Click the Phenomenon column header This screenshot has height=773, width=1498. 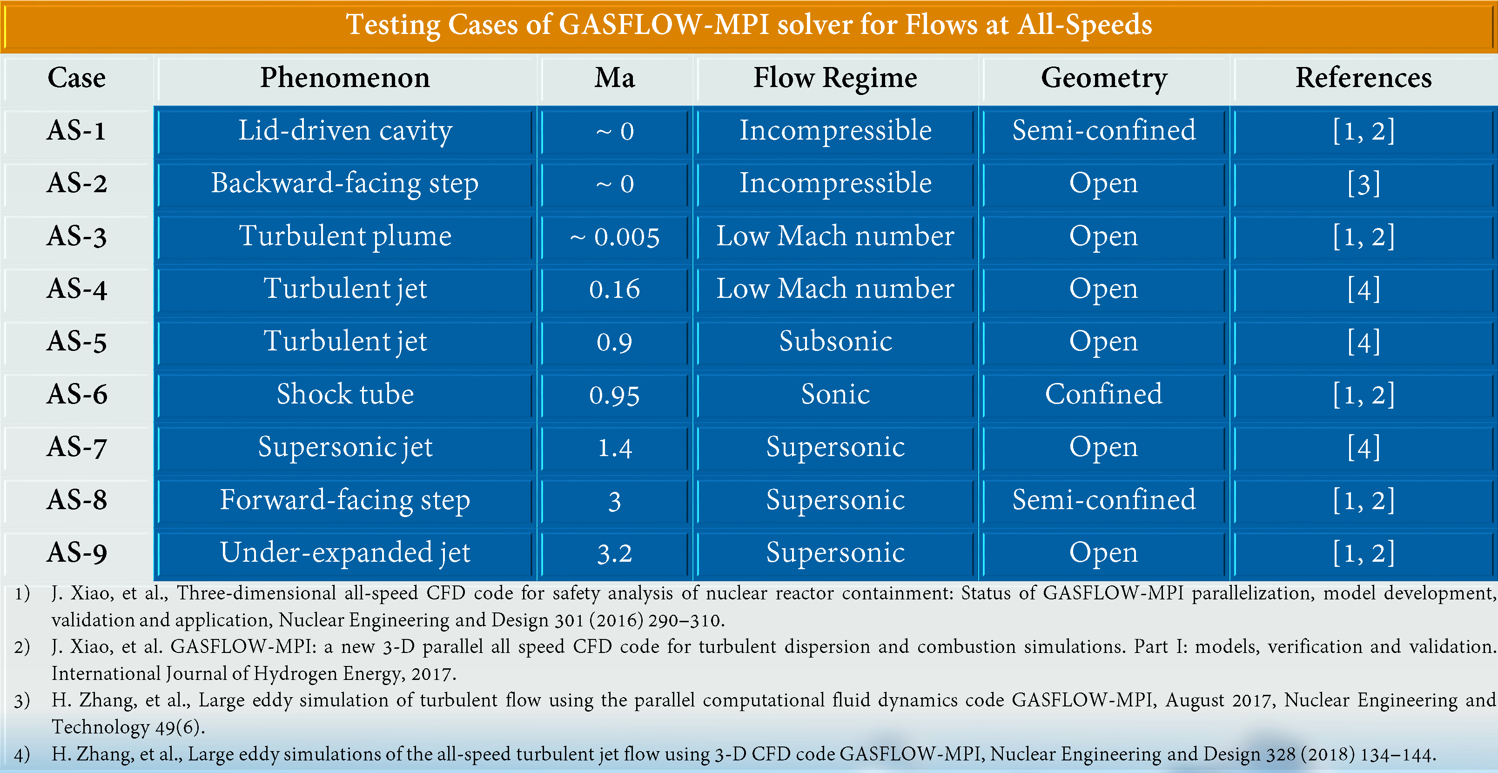(x=345, y=78)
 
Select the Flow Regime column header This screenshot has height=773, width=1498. (x=835, y=78)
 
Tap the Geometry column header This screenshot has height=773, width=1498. (x=1104, y=78)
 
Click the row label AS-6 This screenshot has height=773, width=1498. (x=77, y=394)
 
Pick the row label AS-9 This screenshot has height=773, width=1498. (x=77, y=552)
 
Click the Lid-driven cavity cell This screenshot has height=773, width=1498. (x=345, y=130)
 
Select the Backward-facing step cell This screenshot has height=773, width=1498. (x=345, y=183)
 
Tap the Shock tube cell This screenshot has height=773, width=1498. (x=345, y=394)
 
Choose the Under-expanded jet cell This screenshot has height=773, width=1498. (x=345, y=552)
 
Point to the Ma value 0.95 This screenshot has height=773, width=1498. (x=615, y=396)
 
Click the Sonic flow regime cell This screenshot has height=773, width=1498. (x=835, y=394)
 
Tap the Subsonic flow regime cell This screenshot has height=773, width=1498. (x=835, y=342)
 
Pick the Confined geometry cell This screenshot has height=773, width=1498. (x=1104, y=394)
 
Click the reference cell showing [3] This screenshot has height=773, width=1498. (x=1364, y=184)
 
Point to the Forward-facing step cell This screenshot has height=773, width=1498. (x=345, y=500)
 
